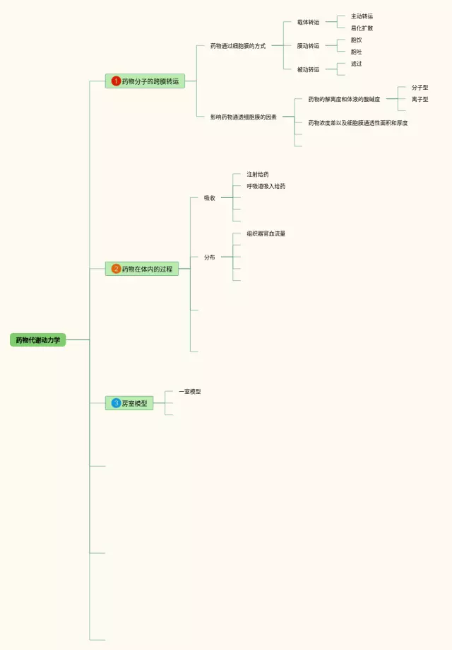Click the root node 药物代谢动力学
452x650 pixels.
pos(37,340)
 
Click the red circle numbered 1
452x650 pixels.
pos(116,81)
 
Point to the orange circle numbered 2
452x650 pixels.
pos(116,269)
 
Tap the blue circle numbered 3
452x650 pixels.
pos(116,403)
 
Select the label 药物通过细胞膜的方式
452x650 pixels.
pos(237,46)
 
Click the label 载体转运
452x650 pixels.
pos(308,22)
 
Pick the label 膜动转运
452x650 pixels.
pos(308,46)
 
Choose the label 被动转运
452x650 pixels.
pos(308,69)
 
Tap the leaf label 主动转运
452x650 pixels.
pos(362,16)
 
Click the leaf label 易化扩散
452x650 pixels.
pos(362,28)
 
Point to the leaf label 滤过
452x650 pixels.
pos(356,64)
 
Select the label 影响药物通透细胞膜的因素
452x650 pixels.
pos(243,117)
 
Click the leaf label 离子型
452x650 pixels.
pos(420,100)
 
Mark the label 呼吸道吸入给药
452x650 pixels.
pos(266,186)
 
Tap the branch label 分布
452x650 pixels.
pos(209,257)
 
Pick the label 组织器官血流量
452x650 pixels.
pos(266,233)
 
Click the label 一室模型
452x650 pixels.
pos(189,391)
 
